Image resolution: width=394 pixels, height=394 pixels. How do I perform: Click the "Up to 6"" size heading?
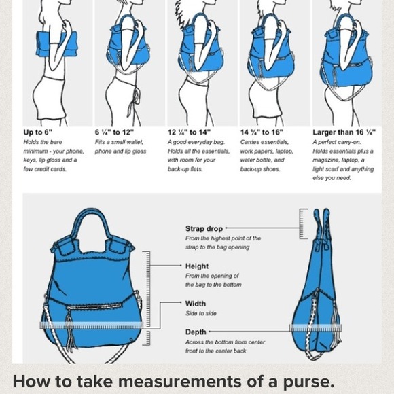tap(37, 132)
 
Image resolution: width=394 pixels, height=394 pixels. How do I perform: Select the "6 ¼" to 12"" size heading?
tap(114, 132)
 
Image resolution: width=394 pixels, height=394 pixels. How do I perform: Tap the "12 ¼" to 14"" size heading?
tap(190, 132)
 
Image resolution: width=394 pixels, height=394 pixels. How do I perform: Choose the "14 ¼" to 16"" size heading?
tap(262, 132)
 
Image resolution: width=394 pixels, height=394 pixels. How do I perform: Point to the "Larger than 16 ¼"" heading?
tap(344, 132)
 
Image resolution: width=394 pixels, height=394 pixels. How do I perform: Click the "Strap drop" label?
tap(204, 229)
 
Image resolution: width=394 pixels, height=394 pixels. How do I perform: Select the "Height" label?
tap(197, 266)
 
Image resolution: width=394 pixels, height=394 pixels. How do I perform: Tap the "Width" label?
tap(196, 304)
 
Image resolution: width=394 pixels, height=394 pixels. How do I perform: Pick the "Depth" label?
tap(196, 332)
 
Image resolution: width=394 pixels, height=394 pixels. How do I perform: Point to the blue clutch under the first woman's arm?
tap(56, 43)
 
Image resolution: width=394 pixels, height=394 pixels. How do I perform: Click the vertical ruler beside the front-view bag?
tap(146, 298)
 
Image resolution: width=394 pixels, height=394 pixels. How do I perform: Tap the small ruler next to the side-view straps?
tap(303, 223)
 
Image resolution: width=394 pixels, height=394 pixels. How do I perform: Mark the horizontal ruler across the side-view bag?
tap(316, 328)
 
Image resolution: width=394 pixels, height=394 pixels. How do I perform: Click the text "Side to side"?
tap(201, 314)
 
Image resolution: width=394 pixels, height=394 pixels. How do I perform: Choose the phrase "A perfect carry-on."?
tap(337, 142)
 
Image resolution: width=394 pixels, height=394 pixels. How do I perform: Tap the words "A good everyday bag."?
tap(196, 142)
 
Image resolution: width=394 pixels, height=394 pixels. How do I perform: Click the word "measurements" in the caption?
tap(180, 382)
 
